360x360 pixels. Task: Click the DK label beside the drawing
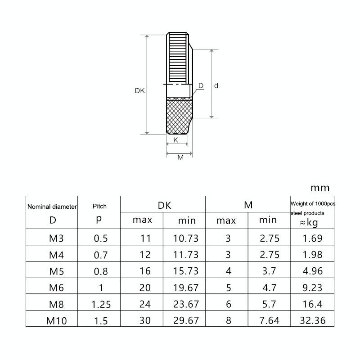tap(140, 91)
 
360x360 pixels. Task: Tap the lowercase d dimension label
tap(216, 85)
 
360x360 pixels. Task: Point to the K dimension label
tap(175, 140)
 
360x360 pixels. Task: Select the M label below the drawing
tap(180, 157)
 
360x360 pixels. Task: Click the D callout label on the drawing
tap(201, 85)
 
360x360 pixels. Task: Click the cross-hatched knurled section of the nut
tap(179, 116)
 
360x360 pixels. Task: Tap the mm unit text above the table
tap(320, 188)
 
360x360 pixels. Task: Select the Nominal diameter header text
tap(52, 207)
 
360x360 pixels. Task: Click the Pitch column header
tap(99, 206)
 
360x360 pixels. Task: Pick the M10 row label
tap(57, 321)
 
